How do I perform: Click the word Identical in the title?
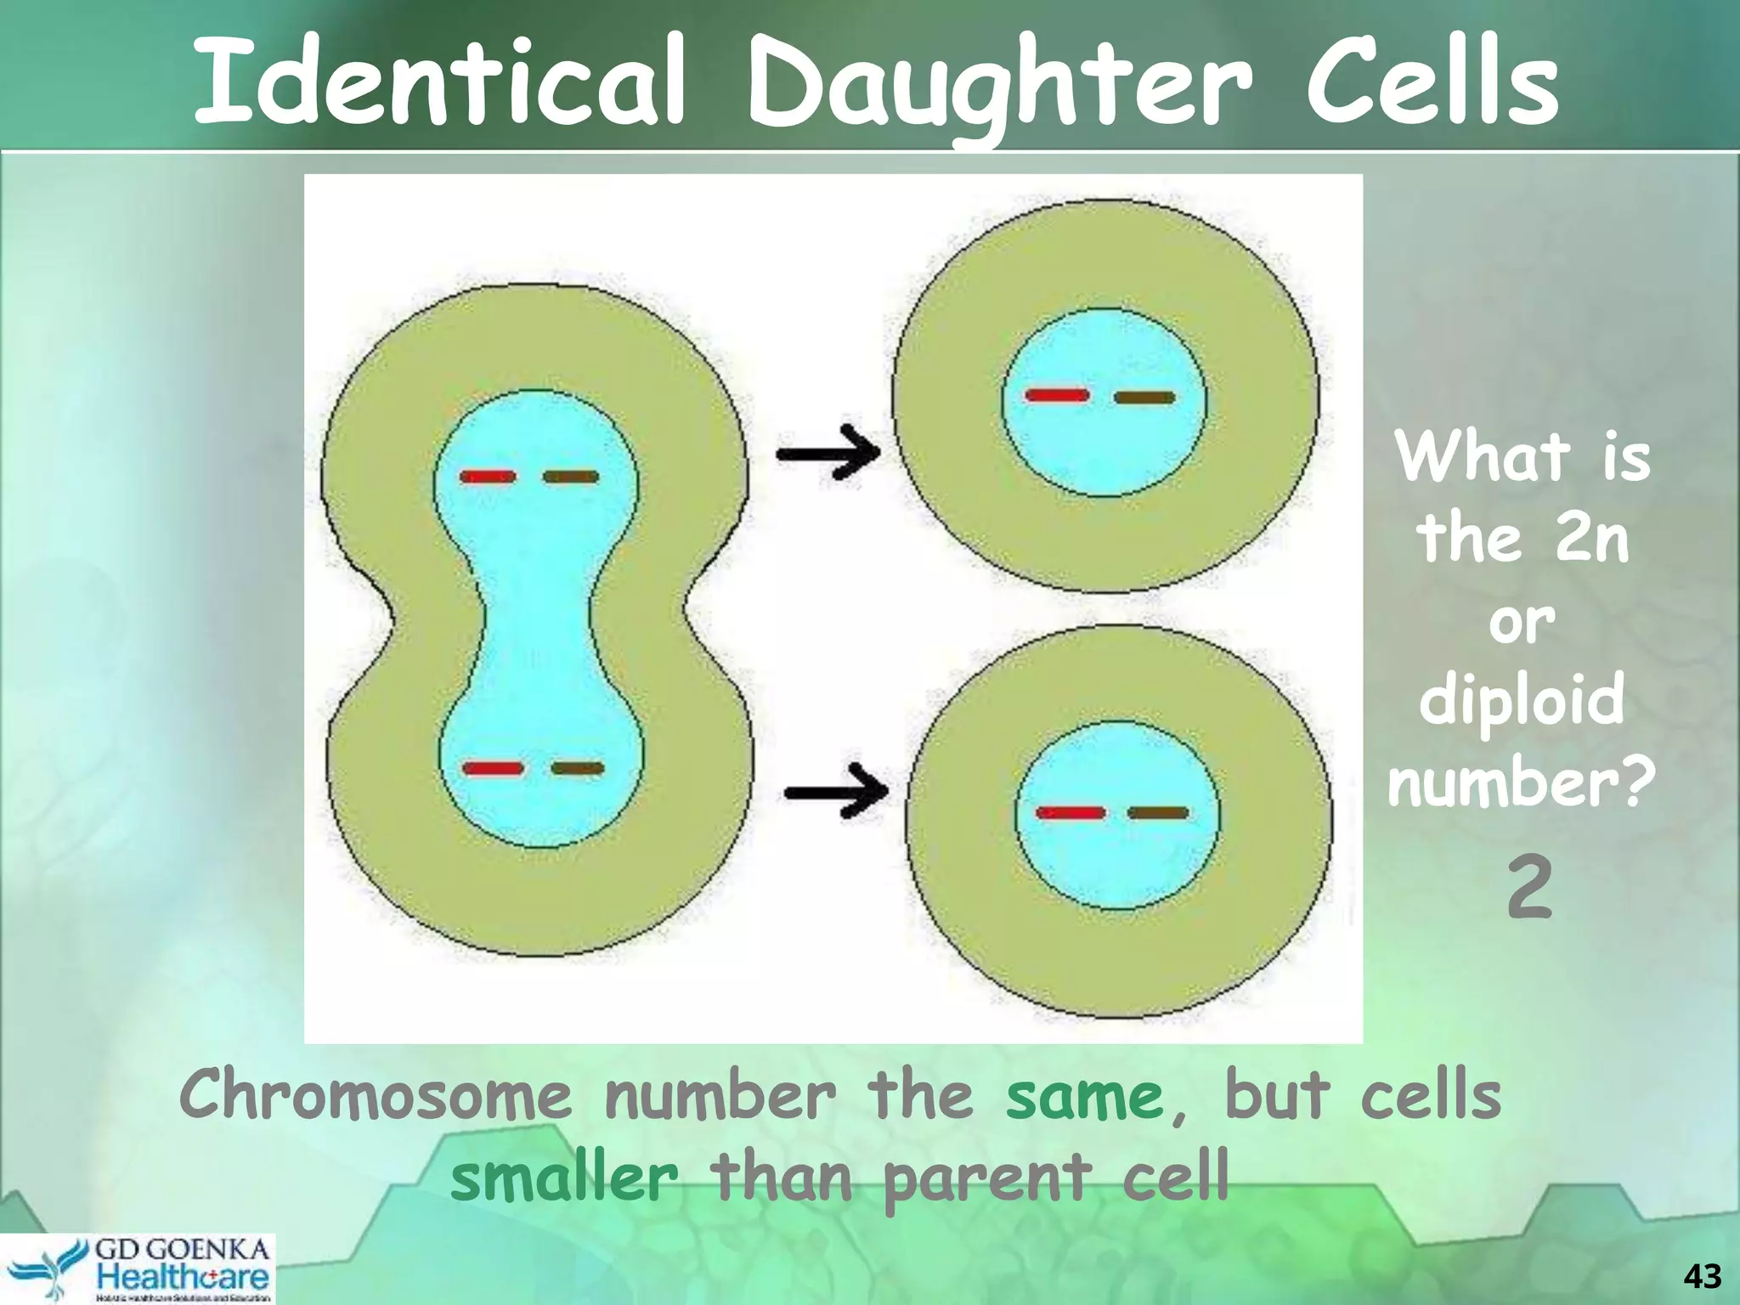pos(439,81)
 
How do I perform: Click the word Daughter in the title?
pos(998,85)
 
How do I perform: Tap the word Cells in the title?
pos(1432,81)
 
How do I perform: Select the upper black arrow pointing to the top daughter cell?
pos(828,452)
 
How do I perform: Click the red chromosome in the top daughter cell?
pos(1057,395)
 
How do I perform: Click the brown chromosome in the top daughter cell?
pos(1144,397)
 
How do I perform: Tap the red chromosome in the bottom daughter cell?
pos(1071,813)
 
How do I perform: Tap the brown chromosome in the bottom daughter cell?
pos(1157,813)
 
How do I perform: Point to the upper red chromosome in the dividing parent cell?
pos(488,477)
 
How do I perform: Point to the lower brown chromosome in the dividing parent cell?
pos(578,769)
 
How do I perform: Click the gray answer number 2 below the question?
pos(1530,888)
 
